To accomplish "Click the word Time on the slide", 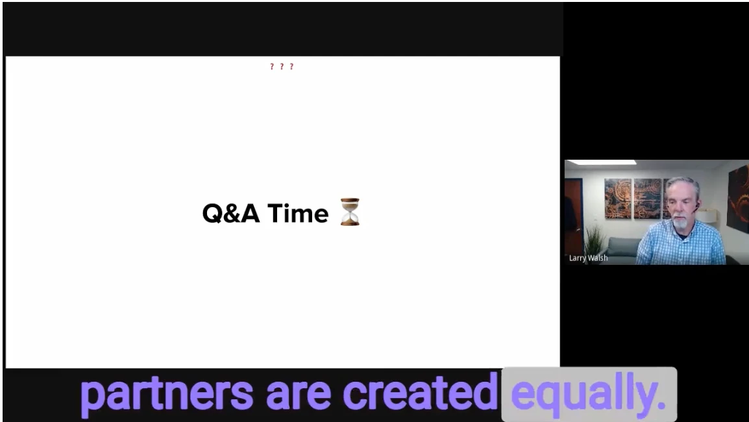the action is (x=298, y=213).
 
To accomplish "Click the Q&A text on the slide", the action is (x=231, y=213).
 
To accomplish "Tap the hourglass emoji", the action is (x=350, y=212).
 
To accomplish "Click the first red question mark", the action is (x=272, y=66).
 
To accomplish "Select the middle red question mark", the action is (x=282, y=66).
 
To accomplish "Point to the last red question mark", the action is (x=292, y=66).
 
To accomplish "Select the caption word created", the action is (x=421, y=392).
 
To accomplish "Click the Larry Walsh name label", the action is (x=589, y=258).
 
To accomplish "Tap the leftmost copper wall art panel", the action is (x=618, y=199).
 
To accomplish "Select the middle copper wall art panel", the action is (x=647, y=199).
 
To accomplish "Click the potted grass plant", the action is (x=593, y=238).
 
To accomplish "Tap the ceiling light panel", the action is (x=601, y=162).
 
